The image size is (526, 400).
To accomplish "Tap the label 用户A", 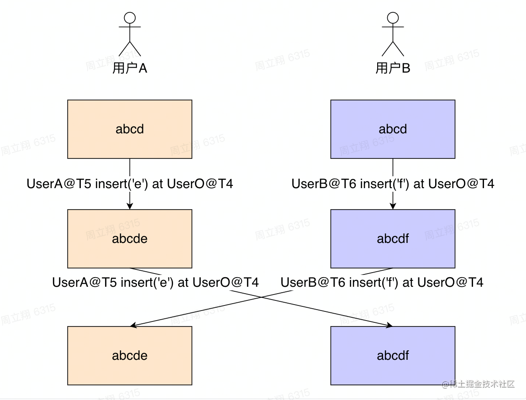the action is pyautogui.click(x=130, y=68).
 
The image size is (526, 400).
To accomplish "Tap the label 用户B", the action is pyautogui.click(x=393, y=68).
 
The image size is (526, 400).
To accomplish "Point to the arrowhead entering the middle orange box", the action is pyautogui.click(x=130, y=205).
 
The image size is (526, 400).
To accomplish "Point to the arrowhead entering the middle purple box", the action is pyautogui.click(x=393, y=205).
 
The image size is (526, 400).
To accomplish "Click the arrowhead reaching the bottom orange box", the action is pyautogui.click(x=133, y=325).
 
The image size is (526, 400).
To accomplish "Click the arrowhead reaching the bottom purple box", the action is pyautogui.click(x=389, y=325).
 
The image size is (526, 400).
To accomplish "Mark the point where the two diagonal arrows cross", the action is pyautogui.click(x=261, y=297).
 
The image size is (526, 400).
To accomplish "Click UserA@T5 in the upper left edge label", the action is pyautogui.click(x=59, y=184).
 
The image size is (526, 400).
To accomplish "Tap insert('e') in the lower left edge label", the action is pyautogui.click(x=147, y=283).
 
